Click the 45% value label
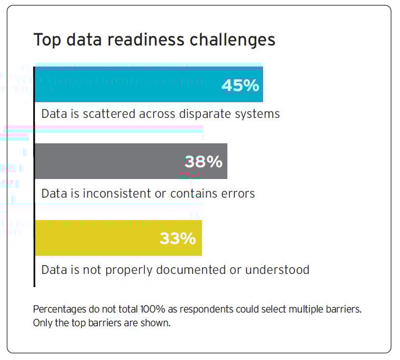(240, 86)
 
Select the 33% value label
(178, 239)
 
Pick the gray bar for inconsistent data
(108, 161)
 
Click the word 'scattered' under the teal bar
(111, 114)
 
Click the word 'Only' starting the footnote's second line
(41, 323)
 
